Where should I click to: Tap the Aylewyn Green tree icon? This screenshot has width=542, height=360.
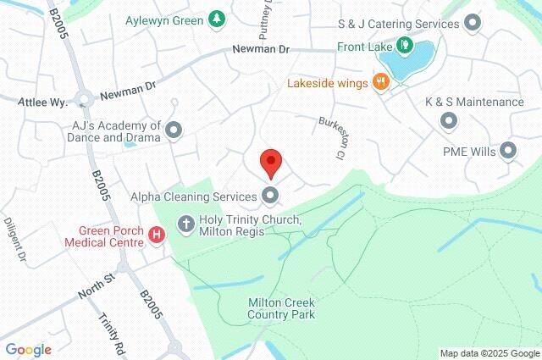coord(218,18)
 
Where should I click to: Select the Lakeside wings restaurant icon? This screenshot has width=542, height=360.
coord(381,82)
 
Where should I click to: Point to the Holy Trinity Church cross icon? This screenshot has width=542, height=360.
coord(186,223)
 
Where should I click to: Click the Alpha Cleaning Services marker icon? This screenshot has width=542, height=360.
coord(270,197)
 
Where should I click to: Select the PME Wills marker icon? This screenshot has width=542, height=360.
coord(508,152)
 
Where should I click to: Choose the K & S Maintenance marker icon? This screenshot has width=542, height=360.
coord(449,121)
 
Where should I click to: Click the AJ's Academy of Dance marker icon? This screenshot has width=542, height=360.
coord(174,130)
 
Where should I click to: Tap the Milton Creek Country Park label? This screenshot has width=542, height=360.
coord(281,308)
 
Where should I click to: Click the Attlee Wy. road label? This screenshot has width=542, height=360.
coord(41,102)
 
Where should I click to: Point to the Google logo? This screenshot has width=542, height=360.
coord(28,349)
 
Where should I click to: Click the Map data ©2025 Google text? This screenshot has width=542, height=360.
coord(489,353)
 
